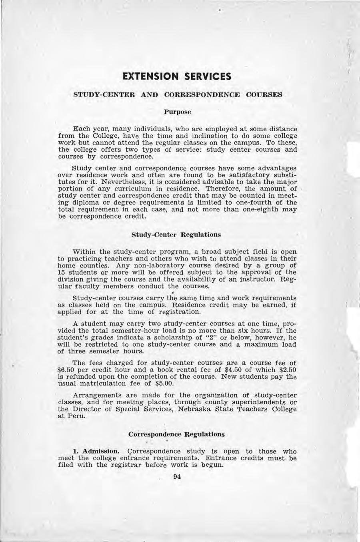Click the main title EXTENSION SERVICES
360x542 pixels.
click(177, 76)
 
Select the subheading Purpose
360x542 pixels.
click(178, 112)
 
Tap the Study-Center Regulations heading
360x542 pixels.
click(176, 234)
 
